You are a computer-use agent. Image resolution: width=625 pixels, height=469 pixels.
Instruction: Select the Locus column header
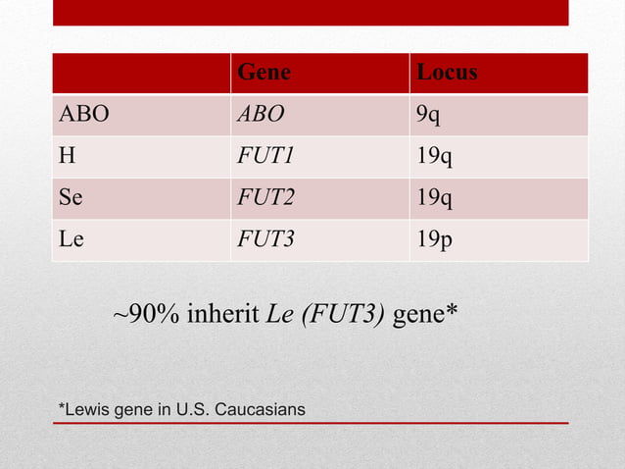coord(447,74)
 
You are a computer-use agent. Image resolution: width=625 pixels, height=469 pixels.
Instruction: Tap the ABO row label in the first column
coord(84,116)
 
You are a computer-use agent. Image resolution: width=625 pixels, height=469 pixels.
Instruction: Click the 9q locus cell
coord(428,116)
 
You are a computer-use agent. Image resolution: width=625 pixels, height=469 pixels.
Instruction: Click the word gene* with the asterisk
coord(425,316)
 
